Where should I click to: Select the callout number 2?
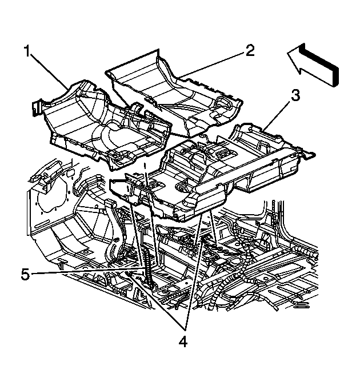250,50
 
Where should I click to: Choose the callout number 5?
26,275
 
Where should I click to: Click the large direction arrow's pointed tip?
288,53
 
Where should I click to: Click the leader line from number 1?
49,71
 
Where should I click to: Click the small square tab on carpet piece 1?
37,107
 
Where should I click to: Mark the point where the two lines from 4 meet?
185,330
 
